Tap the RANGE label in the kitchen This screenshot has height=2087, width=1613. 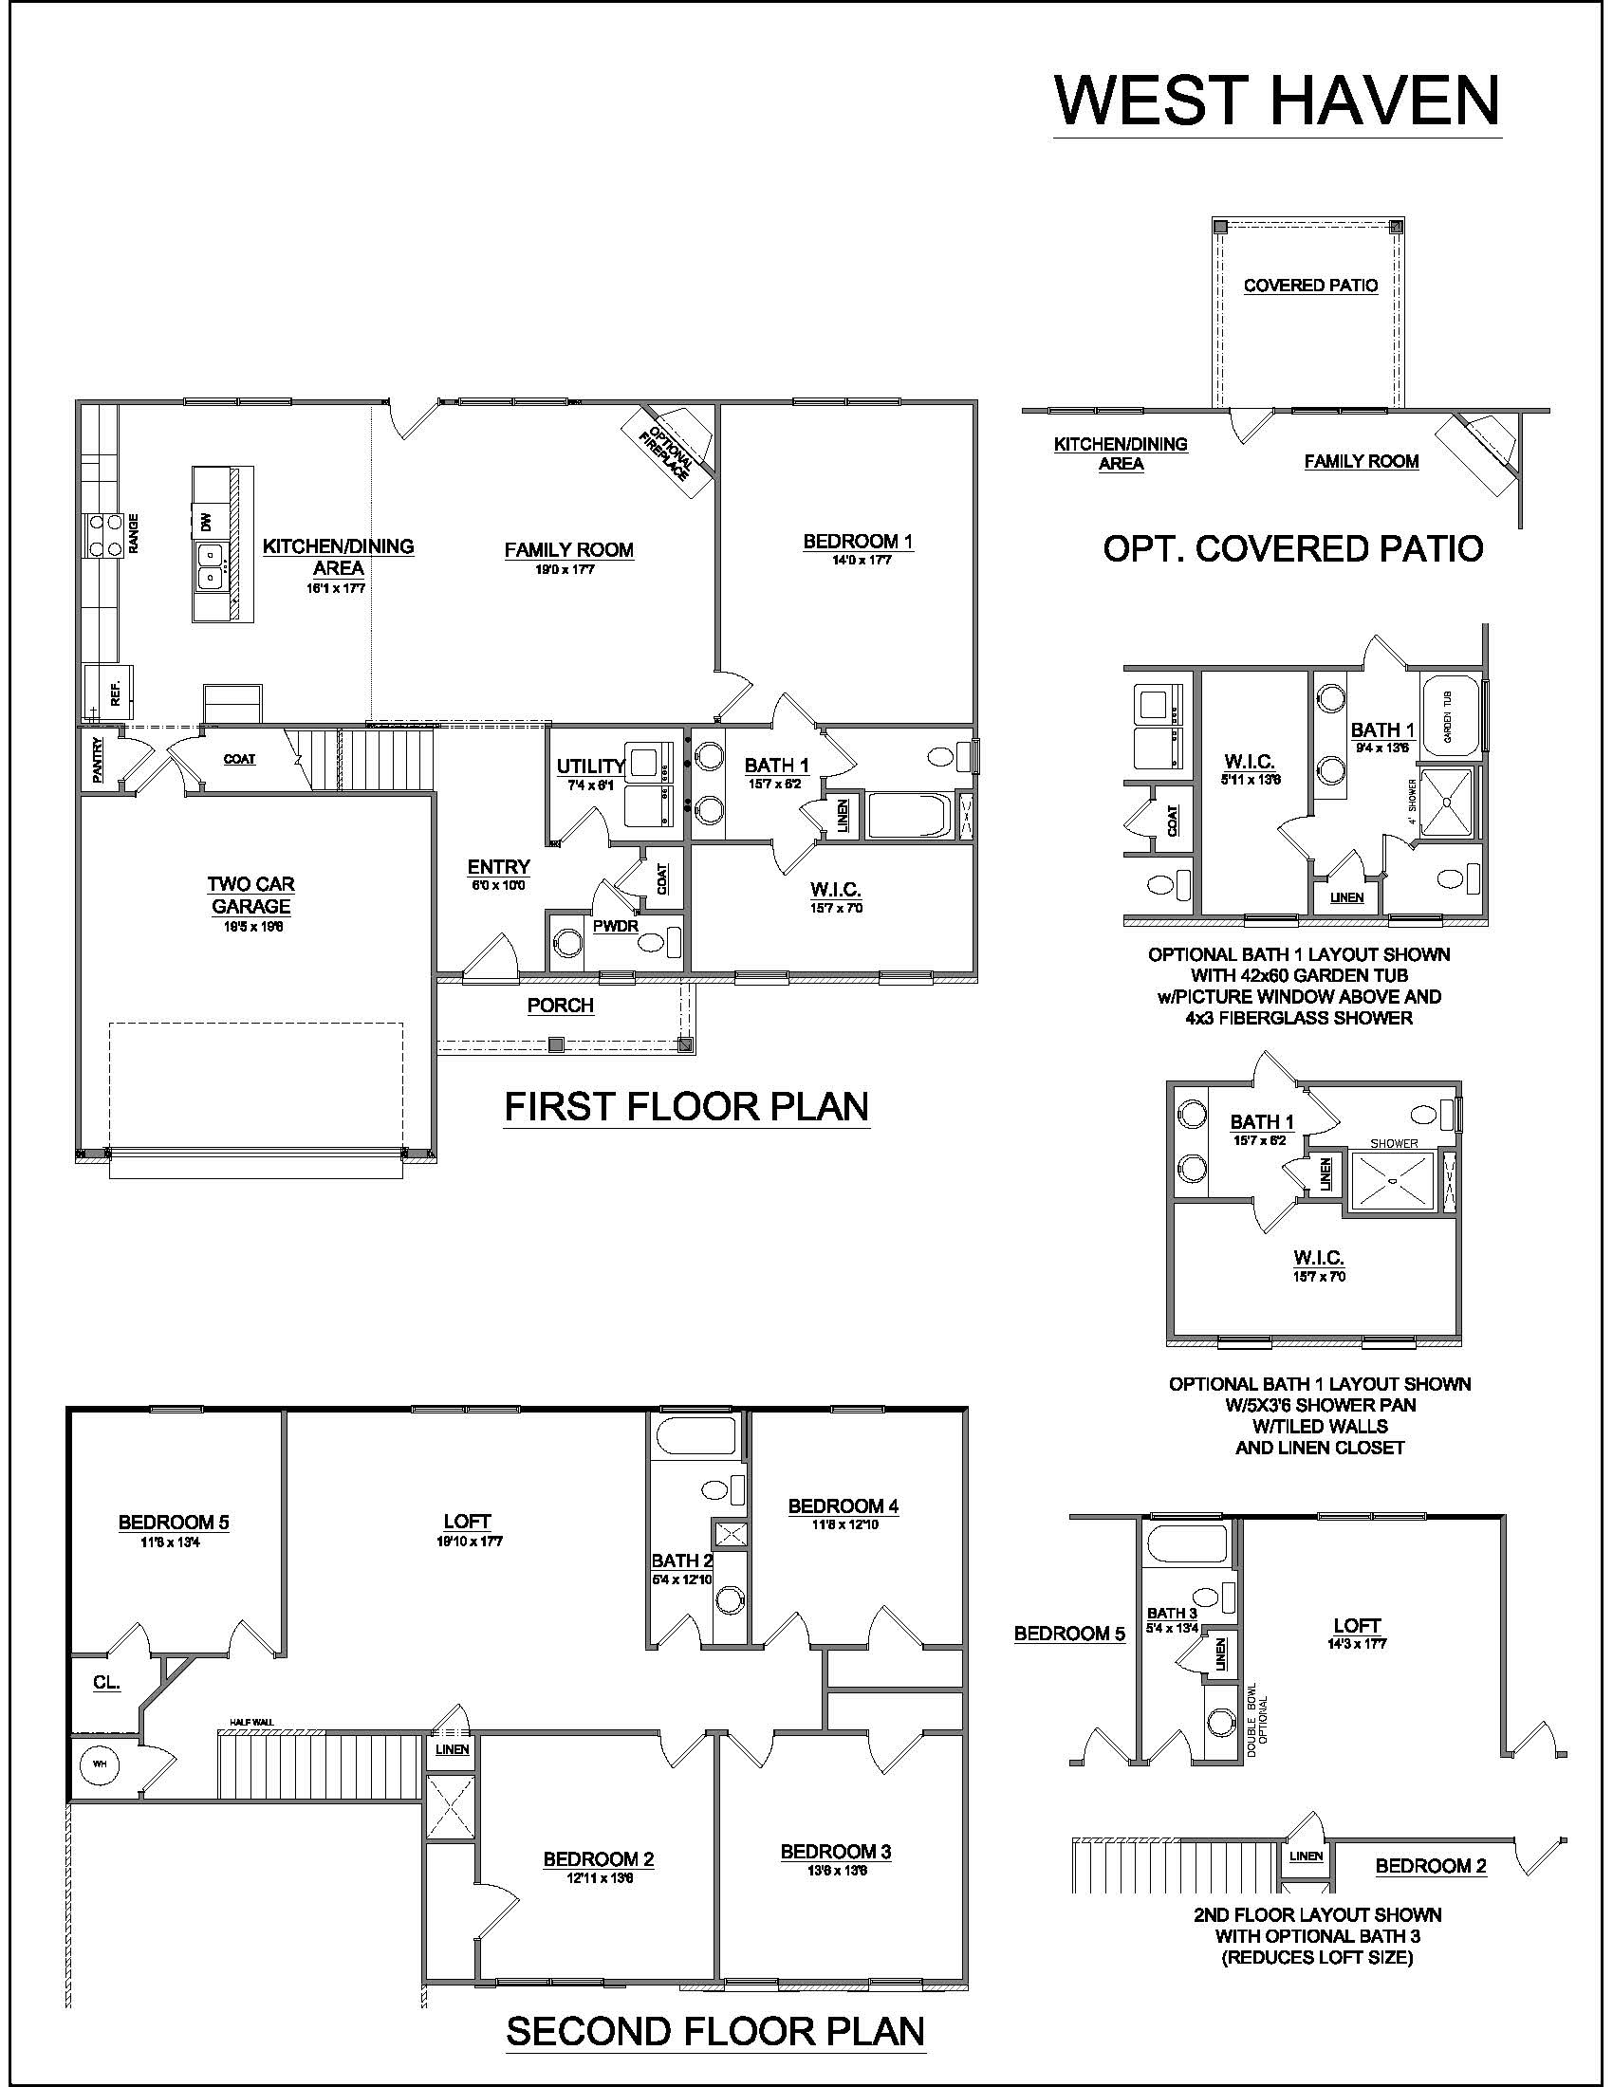(134, 533)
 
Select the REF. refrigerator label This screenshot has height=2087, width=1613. (116, 692)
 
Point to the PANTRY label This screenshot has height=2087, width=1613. (99, 761)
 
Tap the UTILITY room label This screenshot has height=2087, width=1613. (590, 766)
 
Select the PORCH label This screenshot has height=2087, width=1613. (561, 1006)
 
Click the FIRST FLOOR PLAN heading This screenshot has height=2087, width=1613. (686, 1106)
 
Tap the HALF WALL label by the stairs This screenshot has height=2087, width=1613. (251, 1722)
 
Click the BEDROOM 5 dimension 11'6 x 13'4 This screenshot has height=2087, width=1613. (173, 1542)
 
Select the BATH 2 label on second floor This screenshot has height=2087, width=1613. (682, 1561)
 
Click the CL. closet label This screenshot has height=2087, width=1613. (107, 1682)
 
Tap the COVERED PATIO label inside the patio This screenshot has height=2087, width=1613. (1310, 285)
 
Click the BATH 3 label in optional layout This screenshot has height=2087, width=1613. (1173, 1612)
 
